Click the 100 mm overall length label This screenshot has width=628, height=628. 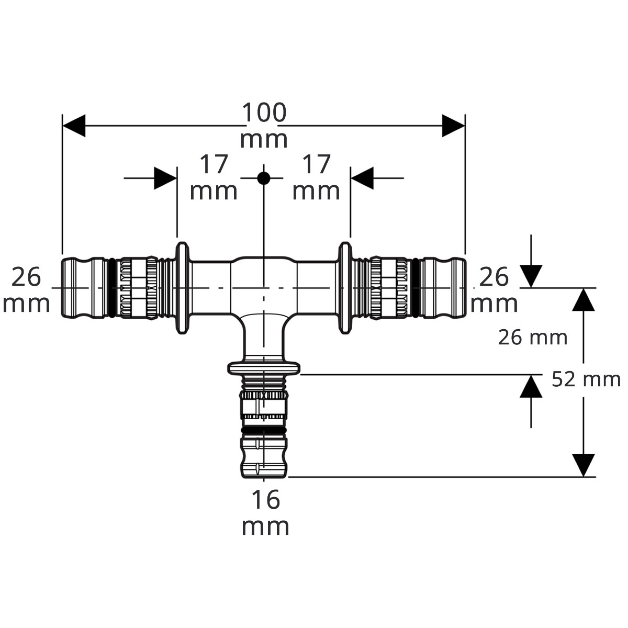click(264, 126)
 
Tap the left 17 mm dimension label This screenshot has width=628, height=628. click(214, 177)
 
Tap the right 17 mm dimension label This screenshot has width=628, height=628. click(316, 177)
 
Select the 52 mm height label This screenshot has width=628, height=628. click(586, 379)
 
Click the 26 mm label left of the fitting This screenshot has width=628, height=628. click(26, 290)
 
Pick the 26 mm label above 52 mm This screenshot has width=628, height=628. click(533, 338)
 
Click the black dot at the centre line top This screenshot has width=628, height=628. click(264, 178)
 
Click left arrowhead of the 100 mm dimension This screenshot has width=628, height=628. click(74, 126)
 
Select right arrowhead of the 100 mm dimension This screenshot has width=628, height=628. click(453, 126)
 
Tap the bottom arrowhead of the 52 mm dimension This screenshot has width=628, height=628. click(584, 465)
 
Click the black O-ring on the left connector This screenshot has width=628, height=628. click(111, 288)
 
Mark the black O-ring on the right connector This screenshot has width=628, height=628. click(416, 288)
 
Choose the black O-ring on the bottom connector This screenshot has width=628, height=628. click(264, 431)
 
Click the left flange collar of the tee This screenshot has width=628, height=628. click(183, 288)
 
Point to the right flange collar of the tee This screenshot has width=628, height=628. click(345, 288)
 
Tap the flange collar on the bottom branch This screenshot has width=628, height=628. click(264, 368)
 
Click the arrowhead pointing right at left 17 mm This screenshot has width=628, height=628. click(165, 178)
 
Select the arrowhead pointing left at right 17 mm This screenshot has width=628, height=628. click(362, 178)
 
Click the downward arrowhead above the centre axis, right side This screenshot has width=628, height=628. click(531, 276)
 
